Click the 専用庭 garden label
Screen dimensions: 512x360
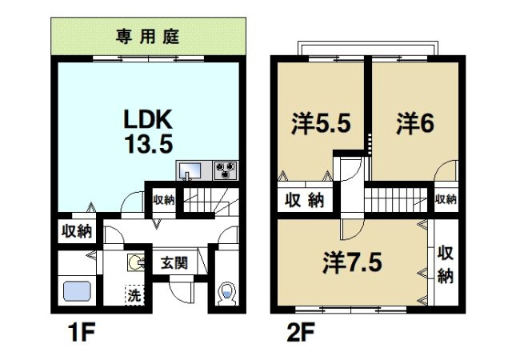pyautogui.click(x=147, y=37)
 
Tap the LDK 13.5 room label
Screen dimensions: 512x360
pyautogui.click(x=148, y=131)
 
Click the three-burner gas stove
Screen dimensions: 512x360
pyautogui.click(x=226, y=170)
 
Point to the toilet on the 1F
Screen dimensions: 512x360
pyautogui.click(x=227, y=293)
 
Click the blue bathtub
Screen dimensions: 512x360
pyautogui.click(x=77, y=290)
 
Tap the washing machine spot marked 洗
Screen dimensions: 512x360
pyautogui.click(x=134, y=295)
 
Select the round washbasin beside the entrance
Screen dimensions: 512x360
pyautogui.click(x=135, y=262)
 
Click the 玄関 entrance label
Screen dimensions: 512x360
pyautogui.click(x=174, y=263)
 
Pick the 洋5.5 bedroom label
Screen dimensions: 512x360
pyautogui.click(x=322, y=123)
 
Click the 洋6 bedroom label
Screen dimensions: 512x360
pyautogui.click(x=415, y=123)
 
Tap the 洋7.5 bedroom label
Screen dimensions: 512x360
pyautogui.click(x=352, y=262)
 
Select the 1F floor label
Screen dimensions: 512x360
pyautogui.click(x=82, y=331)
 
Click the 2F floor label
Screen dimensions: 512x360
pyautogui.click(x=301, y=331)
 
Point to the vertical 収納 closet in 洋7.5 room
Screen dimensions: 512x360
pyautogui.click(x=446, y=264)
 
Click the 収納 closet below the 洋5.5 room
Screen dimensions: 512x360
pyautogui.click(x=304, y=200)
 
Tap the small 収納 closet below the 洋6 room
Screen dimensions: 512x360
pyautogui.click(x=446, y=199)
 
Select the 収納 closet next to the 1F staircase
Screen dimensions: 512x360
pyautogui.click(x=164, y=200)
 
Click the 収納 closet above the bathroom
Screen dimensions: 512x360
pyautogui.click(x=77, y=232)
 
